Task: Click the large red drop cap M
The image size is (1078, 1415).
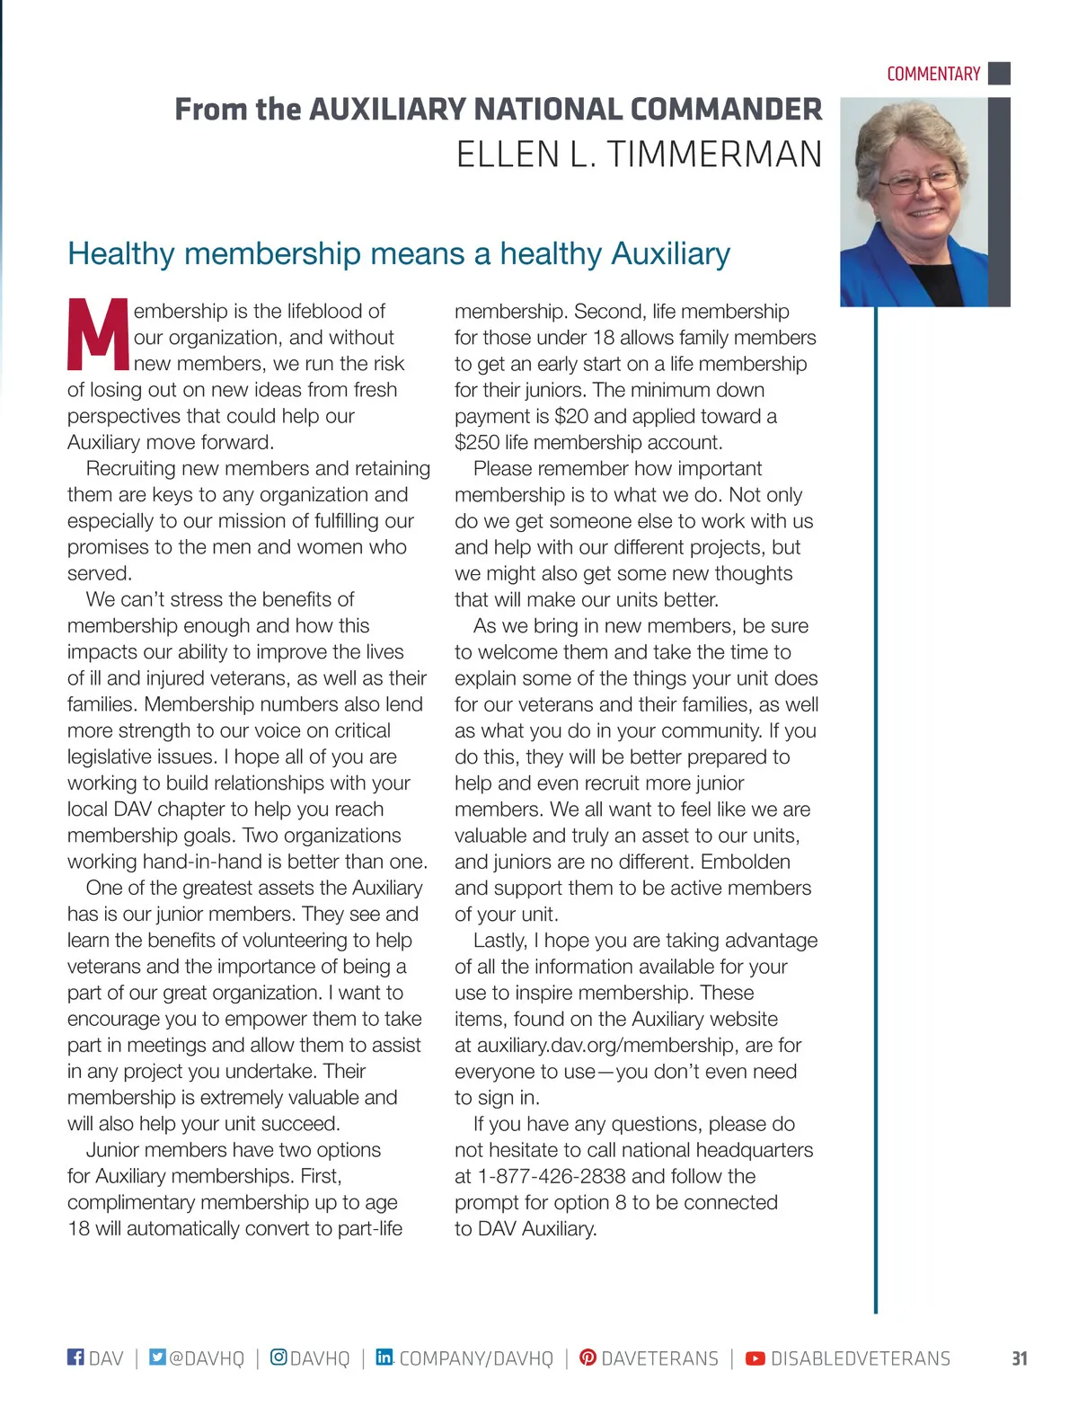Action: pyautogui.click(x=98, y=334)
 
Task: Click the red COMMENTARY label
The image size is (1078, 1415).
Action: pyautogui.click(x=933, y=74)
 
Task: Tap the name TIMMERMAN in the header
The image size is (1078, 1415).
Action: pyautogui.click(x=714, y=155)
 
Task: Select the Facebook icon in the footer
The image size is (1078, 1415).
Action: pyautogui.click(x=75, y=1357)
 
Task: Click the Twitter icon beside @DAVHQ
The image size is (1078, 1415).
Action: pyautogui.click(x=157, y=1357)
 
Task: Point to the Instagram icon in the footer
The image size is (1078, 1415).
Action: pyautogui.click(x=278, y=1357)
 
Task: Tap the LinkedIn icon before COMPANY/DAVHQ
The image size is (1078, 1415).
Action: pyautogui.click(x=384, y=1357)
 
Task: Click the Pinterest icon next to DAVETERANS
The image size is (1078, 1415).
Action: pyautogui.click(x=588, y=1357)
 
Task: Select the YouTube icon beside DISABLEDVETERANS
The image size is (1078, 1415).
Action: pyautogui.click(x=755, y=1358)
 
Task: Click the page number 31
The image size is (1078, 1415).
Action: pyautogui.click(x=1019, y=1358)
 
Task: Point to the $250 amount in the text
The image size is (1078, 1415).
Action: pyautogui.click(x=476, y=442)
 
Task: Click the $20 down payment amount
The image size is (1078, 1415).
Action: pyautogui.click(x=571, y=416)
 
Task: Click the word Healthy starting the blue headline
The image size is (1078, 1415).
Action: pyautogui.click(x=120, y=253)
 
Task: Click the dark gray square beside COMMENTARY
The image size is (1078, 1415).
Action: pyautogui.click(x=999, y=73)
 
